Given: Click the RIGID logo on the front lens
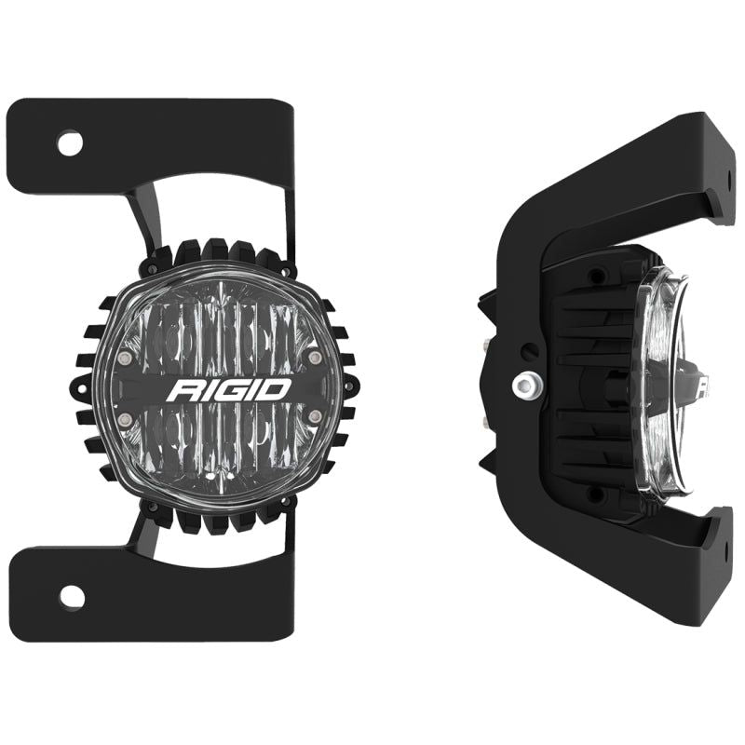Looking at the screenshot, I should (228, 388).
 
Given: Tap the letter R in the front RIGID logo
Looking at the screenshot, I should (181, 389).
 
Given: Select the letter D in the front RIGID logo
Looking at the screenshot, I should (277, 388).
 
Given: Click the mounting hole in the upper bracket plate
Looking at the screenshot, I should (70, 143).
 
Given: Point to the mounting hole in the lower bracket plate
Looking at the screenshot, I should (70, 595).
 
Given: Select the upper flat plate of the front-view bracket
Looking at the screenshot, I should (149, 144).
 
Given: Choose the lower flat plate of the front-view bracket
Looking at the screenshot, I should (149, 596).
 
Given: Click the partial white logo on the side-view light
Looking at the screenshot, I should (700, 383).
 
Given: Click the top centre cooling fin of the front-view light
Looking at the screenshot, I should (219, 250).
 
